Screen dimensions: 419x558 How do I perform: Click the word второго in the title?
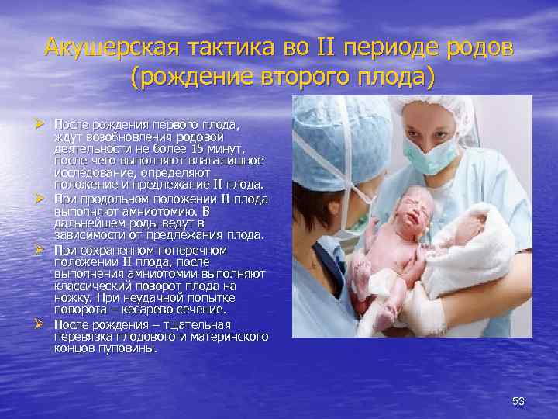coord(277,78)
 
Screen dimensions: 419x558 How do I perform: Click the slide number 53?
coord(518,401)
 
